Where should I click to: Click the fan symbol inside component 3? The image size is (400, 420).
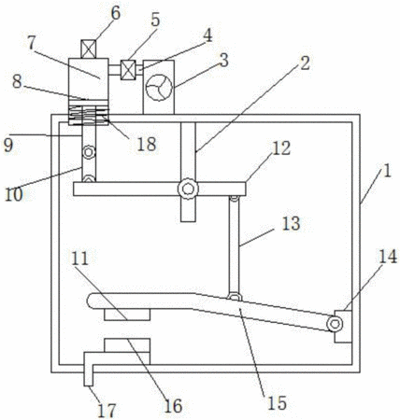click(x=159, y=88)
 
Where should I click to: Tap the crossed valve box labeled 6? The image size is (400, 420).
click(x=89, y=49)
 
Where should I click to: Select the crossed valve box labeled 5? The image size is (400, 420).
click(x=128, y=70)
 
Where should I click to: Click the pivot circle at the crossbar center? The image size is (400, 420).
click(x=188, y=189)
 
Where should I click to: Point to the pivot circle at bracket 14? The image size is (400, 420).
click(x=335, y=324)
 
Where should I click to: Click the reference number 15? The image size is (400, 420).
click(x=277, y=403)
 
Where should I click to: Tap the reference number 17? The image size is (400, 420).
click(x=107, y=411)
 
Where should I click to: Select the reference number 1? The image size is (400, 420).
click(x=387, y=171)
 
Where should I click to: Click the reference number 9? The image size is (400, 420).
click(x=8, y=145)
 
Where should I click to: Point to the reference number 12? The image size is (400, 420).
click(x=281, y=148)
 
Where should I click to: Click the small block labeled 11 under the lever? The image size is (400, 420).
click(x=127, y=315)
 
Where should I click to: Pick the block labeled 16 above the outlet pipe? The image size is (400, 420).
click(x=127, y=345)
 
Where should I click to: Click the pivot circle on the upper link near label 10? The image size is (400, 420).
click(x=89, y=153)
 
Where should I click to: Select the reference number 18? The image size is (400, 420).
click(x=147, y=145)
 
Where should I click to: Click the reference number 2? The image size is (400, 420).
click(x=305, y=63)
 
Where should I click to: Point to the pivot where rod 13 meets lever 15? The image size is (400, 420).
click(x=235, y=297)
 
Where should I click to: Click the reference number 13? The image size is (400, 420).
click(x=292, y=224)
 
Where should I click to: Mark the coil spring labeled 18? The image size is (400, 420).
click(x=89, y=115)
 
